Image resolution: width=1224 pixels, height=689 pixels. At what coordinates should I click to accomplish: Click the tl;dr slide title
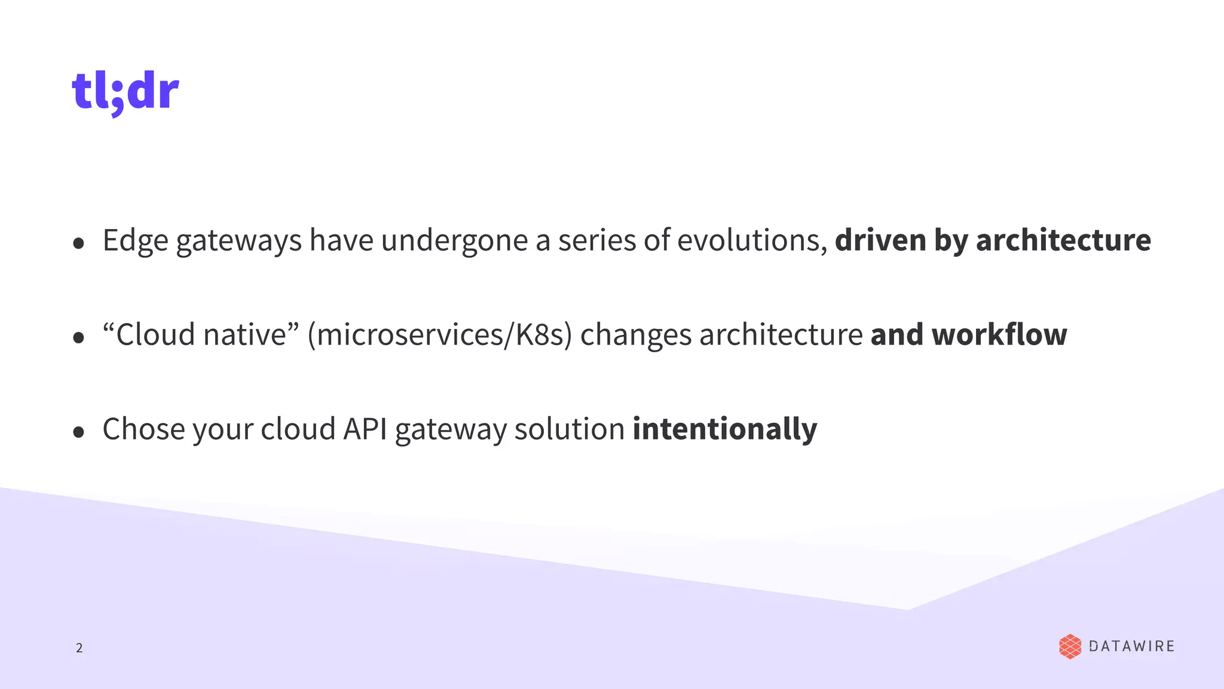click(x=126, y=92)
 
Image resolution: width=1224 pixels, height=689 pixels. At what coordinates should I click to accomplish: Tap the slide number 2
click(x=79, y=648)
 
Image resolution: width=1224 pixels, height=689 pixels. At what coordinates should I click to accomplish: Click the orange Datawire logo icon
click(x=1070, y=647)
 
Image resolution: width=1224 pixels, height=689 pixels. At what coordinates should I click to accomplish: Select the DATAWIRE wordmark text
click(x=1131, y=647)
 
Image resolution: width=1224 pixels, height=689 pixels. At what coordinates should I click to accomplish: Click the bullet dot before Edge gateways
click(x=78, y=243)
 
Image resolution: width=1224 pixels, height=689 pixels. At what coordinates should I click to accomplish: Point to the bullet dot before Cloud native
click(x=78, y=337)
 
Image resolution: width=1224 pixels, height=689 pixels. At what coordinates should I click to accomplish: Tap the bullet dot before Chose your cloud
click(x=78, y=432)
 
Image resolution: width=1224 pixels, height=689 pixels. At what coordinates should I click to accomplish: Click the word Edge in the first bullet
click(x=136, y=240)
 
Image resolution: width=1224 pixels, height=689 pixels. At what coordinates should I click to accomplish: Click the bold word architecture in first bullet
click(x=1063, y=240)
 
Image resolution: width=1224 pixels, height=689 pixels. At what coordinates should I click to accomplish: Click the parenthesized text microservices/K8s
click(x=439, y=334)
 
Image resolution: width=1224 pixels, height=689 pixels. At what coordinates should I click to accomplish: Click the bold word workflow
click(x=999, y=334)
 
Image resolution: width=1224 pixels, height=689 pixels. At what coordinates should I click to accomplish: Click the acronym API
click(x=365, y=429)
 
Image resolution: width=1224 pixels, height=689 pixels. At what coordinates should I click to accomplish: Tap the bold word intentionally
click(x=724, y=429)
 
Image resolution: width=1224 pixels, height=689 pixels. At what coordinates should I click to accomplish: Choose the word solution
click(x=569, y=429)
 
